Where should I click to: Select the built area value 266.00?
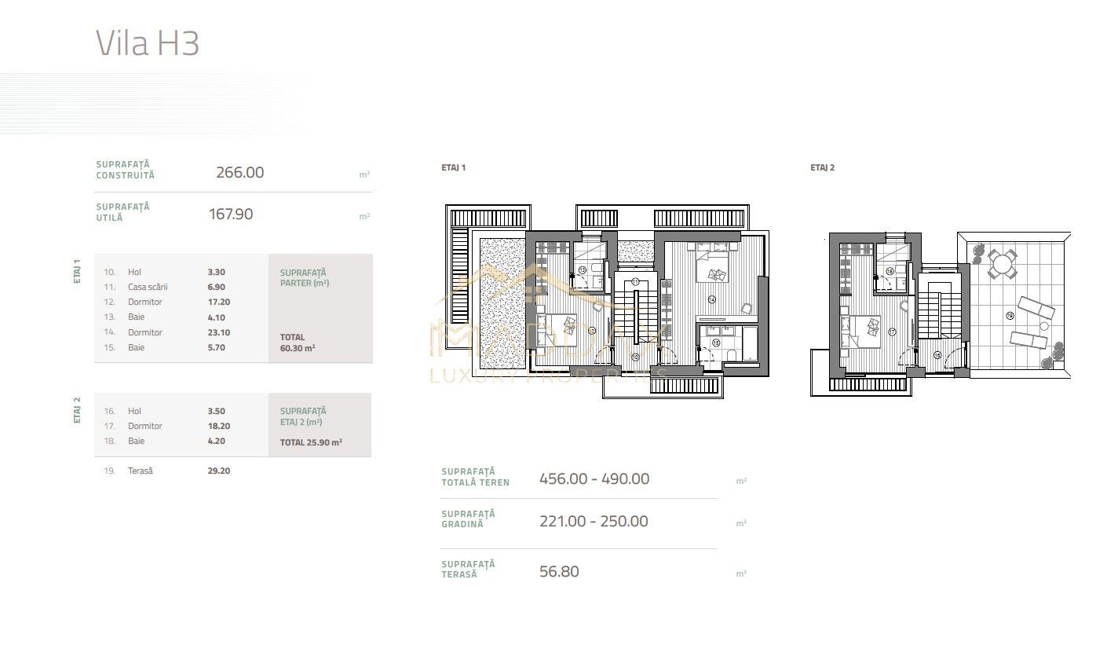click(x=239, y=173)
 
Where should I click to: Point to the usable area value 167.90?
click(x=231, y=214)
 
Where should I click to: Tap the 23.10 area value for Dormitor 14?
click(x=217, y=332)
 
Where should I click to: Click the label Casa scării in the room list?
click(x=148, y=288)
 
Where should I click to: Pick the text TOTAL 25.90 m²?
click(x=311, y=442)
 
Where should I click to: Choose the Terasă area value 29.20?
click(x=218, y=471)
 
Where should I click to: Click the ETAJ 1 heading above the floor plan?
click(x=454, y=168)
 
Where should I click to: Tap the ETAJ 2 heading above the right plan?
click(x=822, y=168)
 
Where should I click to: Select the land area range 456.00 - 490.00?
click(x=594, y=479)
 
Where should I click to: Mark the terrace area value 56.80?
click(x=559, y=572)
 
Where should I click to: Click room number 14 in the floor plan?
click(x=711, y=299)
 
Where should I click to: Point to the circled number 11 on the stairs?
click(x=634, y=281)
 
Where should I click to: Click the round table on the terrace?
click(x=1000, y=265)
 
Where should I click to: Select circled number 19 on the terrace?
click(x=1009, y=316)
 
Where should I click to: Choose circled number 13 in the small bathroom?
click(x=582, y=269)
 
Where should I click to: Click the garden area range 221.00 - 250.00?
click(x=594, y=522)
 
